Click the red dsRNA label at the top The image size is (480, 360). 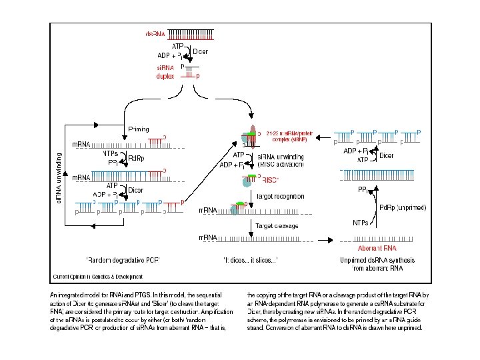(x=155, y=34)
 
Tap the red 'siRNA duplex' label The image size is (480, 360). (x=165, y=71)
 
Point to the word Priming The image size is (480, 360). (x=138, y=129)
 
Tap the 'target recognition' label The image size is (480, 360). (x=280, y=196)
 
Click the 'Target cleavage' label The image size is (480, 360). (x=277, y=225)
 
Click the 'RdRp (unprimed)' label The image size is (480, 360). (x=403, y=207)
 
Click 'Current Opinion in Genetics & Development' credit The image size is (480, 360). (x=97, y=276)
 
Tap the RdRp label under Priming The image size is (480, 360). (x=136, y=158)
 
